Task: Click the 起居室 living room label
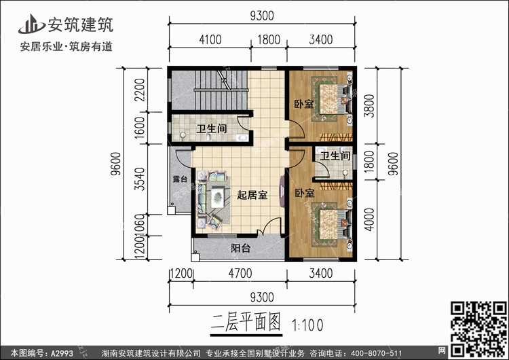point(252,194)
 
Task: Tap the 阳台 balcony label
point(240,249)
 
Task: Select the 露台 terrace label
point(180,179)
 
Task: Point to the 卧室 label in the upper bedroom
point(303,105)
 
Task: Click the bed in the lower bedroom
point(331,226)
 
